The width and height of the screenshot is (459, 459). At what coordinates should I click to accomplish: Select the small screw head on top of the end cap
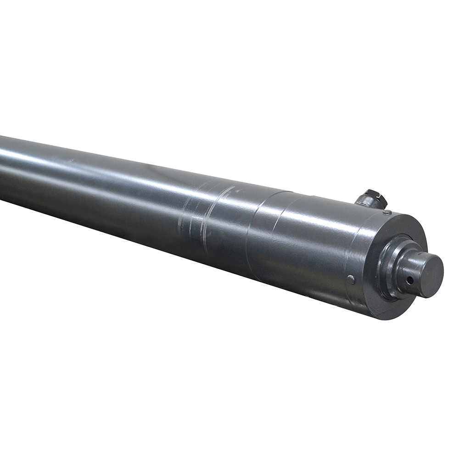coord(387,212)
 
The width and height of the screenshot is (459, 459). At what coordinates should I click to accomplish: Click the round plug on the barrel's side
coord(351,279)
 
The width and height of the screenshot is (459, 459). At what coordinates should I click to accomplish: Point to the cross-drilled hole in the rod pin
coord(409,279)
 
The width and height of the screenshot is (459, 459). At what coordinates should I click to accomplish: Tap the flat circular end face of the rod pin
coord(431,275)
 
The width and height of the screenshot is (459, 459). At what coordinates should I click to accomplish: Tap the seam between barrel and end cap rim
coord(363,257)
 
